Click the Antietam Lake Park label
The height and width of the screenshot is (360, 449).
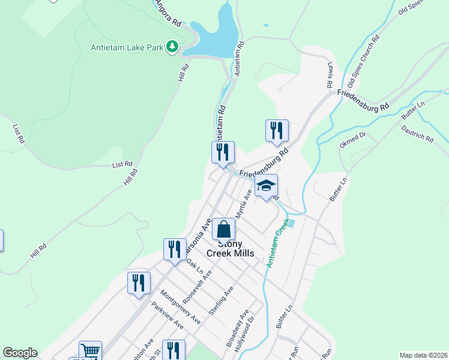click(x=127, y=47)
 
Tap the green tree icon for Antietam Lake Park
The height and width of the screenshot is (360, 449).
click(x=172, y=46)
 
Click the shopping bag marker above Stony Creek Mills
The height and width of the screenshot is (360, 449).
click(x=223, y=229)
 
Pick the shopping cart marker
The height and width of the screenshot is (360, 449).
click(x=90, y=351)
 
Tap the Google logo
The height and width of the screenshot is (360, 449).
click(x=20, y=353)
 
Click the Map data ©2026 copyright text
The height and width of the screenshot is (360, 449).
click(x=424, y=355)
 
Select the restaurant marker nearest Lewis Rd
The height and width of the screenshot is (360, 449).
click(x=277, y=131)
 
